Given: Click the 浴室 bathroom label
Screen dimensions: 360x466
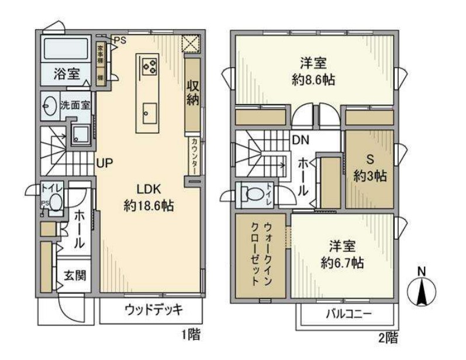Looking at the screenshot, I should (66, 74).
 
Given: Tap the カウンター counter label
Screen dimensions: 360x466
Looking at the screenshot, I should (194, 156).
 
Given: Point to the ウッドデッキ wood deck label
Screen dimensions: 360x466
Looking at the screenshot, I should (154, 309).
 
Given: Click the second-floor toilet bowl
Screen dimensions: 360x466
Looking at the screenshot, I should (253, 193).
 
